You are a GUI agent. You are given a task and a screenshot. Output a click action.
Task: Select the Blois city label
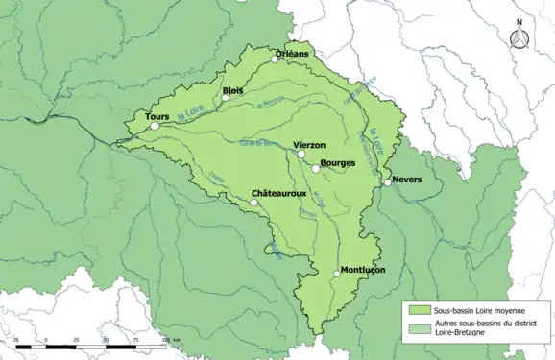[x=232, y=91]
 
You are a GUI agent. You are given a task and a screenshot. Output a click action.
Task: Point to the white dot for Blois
[x=226, y=98]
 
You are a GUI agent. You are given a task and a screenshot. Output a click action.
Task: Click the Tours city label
[x=157, y=117]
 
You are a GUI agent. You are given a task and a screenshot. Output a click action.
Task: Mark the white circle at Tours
[x=155, y=126]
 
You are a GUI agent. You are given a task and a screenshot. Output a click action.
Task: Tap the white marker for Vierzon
[x=301, y=154]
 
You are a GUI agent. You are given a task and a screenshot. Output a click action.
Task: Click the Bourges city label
[x=337, y=163]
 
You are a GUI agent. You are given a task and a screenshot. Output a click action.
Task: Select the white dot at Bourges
[x=316, y=169]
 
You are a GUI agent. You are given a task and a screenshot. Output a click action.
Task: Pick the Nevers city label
[x=408, y=179]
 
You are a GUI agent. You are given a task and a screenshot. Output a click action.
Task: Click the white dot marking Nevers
[x=388, y=181]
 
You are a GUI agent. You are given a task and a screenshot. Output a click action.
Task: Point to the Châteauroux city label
[x=278, y=194]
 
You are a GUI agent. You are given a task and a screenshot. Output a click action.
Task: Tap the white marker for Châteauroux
[x=254, y=203]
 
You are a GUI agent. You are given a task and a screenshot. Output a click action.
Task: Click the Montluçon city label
[x=363, y=270]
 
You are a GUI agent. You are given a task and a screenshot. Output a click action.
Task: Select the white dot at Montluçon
[x=337, y=274]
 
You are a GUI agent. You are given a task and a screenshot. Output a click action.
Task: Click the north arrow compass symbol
[x=519, y=36]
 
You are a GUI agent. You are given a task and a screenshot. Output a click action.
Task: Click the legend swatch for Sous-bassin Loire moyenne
[x=418, y=311]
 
